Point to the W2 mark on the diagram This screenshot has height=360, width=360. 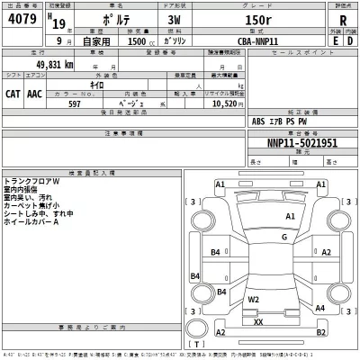pos(254,299)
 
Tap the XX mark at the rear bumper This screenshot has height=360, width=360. pos(258,321)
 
